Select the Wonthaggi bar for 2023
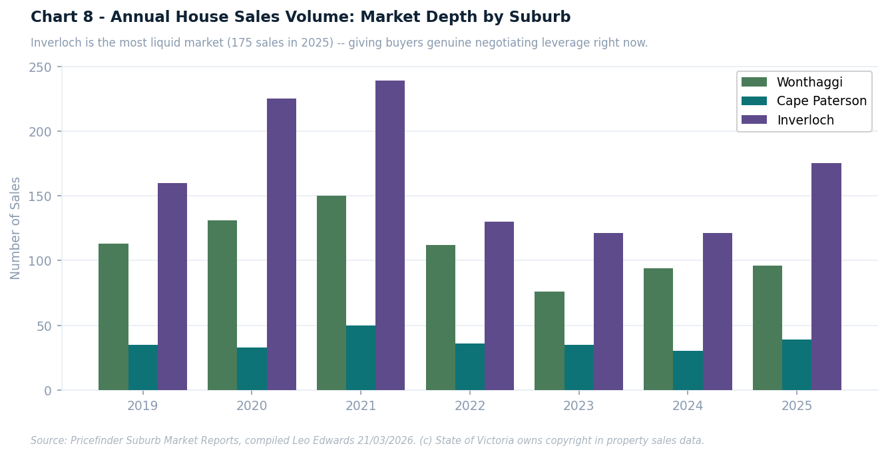(549, 341)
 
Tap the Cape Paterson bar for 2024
(688, 370)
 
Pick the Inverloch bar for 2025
(826, 276)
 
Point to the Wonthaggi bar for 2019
(113, 317)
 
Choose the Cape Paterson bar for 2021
(361, 357)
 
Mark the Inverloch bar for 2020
(282, 244)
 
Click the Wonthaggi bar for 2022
(441, 318)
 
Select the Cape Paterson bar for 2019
(143, 367)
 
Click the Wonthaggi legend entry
(809, 83)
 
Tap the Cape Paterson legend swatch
(754, 101)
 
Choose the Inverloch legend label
(805, 120)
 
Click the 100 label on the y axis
(40, 261)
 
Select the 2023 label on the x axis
(578, 406)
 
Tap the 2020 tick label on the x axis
(252, 406)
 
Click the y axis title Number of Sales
(16, 228)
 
